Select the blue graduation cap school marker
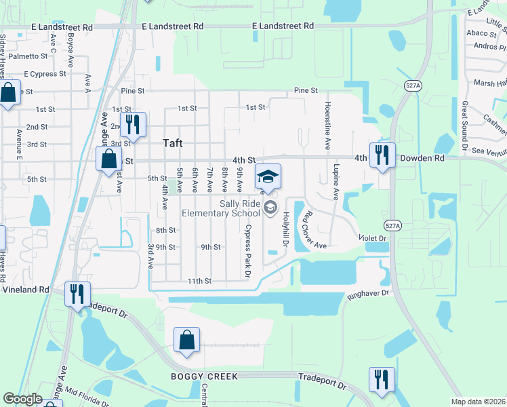tap(268, 177)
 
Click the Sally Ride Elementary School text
tap(221, 208)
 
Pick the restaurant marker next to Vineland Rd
tap(77, 294)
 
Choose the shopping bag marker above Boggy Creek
tap(186, 341)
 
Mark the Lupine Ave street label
tap(336, 181)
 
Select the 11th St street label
tap(200, 281)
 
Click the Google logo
tap(22, 399)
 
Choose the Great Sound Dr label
tap(465, 125)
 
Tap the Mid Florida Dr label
tap(84, 395)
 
